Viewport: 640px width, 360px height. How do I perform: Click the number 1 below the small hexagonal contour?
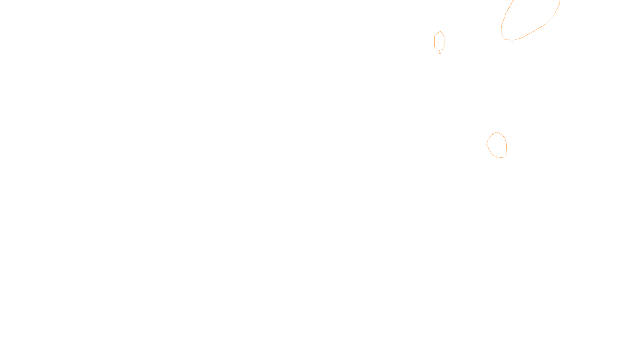click(x=440, y=52)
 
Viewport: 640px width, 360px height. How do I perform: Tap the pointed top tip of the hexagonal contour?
click(x=440, y=31)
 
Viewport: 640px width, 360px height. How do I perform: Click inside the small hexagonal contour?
click(x=440, y=41)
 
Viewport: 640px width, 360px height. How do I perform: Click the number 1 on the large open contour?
click(x=513, y=40)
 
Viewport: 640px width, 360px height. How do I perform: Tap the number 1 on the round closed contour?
click(x=496, y=158)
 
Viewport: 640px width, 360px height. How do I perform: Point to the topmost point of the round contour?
click(x=497, y=132)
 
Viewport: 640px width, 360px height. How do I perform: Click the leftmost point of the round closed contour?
click(x=487, y=144)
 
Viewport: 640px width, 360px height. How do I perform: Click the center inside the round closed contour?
click(x=497, y=145)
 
